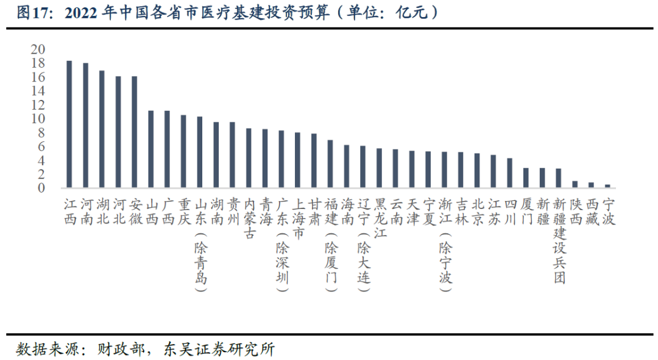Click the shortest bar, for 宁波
tap(607, 186)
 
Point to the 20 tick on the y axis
tap(38, 49)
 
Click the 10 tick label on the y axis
tap(38, 119)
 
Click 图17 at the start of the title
tap(29, 13)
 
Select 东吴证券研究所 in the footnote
tap(218, 349)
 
